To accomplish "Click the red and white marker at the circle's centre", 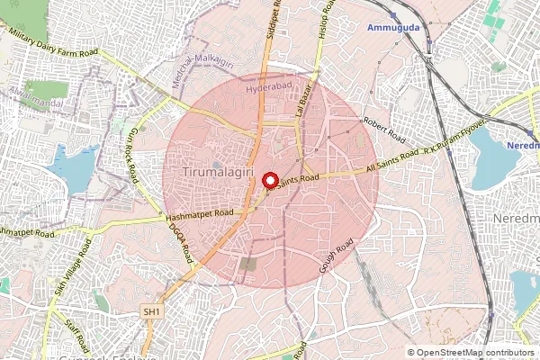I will coord(270,180).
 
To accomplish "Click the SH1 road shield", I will coord(152,311).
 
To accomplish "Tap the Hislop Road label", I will coord(330,18).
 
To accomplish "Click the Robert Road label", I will coord(383,130).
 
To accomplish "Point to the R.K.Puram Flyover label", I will coord(459,133).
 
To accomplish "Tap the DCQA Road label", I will coord(183,241).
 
